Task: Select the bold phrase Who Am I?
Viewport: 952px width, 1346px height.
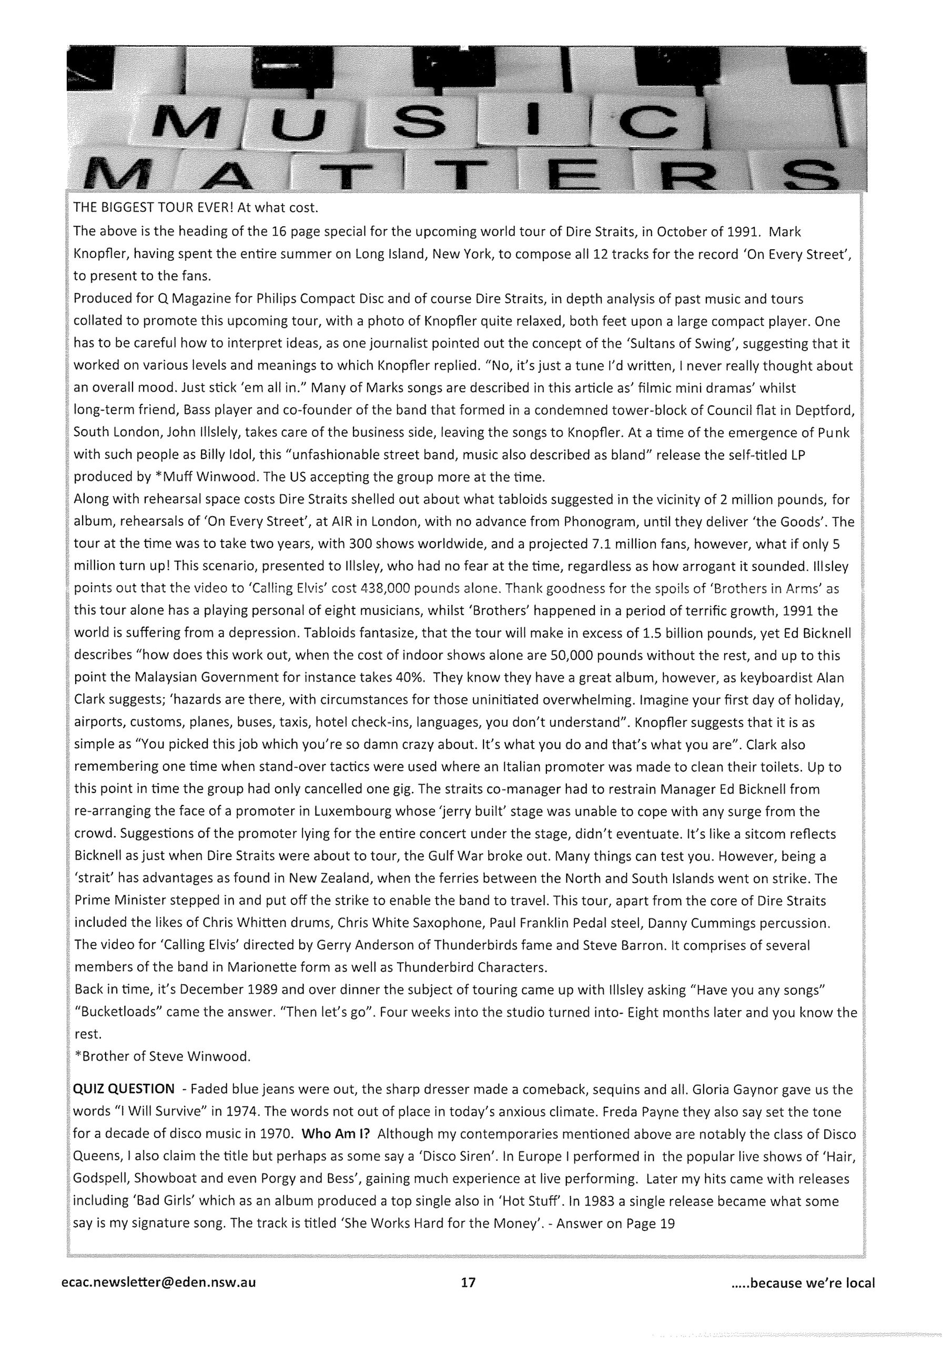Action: click(336, 1134)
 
